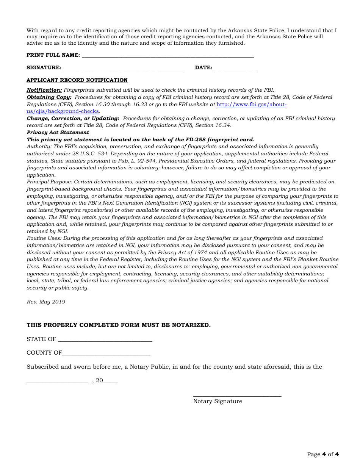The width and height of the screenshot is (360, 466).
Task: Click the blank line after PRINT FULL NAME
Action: coord(167,56)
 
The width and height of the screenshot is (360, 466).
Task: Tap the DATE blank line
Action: coord(235,69)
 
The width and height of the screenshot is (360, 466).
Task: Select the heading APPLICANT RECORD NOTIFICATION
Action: coord(77,80)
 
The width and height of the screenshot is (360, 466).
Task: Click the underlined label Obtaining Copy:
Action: coord(49,97)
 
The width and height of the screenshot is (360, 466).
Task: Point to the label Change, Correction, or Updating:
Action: coord(73,119)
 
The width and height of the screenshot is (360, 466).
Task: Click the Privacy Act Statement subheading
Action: coord(58,133)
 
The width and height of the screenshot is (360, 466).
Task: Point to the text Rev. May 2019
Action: coord(46,302)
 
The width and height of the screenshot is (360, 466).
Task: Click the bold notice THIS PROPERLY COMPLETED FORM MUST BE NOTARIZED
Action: coord(118,325)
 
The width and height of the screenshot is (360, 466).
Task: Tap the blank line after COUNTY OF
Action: coord(106,354)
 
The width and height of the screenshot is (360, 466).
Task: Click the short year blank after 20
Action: coord(110,382)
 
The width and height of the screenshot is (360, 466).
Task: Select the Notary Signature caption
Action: coord(218,401)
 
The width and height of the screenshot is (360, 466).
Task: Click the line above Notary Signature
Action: coord(237,396)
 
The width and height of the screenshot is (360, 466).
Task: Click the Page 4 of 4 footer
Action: coord(322,454)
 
